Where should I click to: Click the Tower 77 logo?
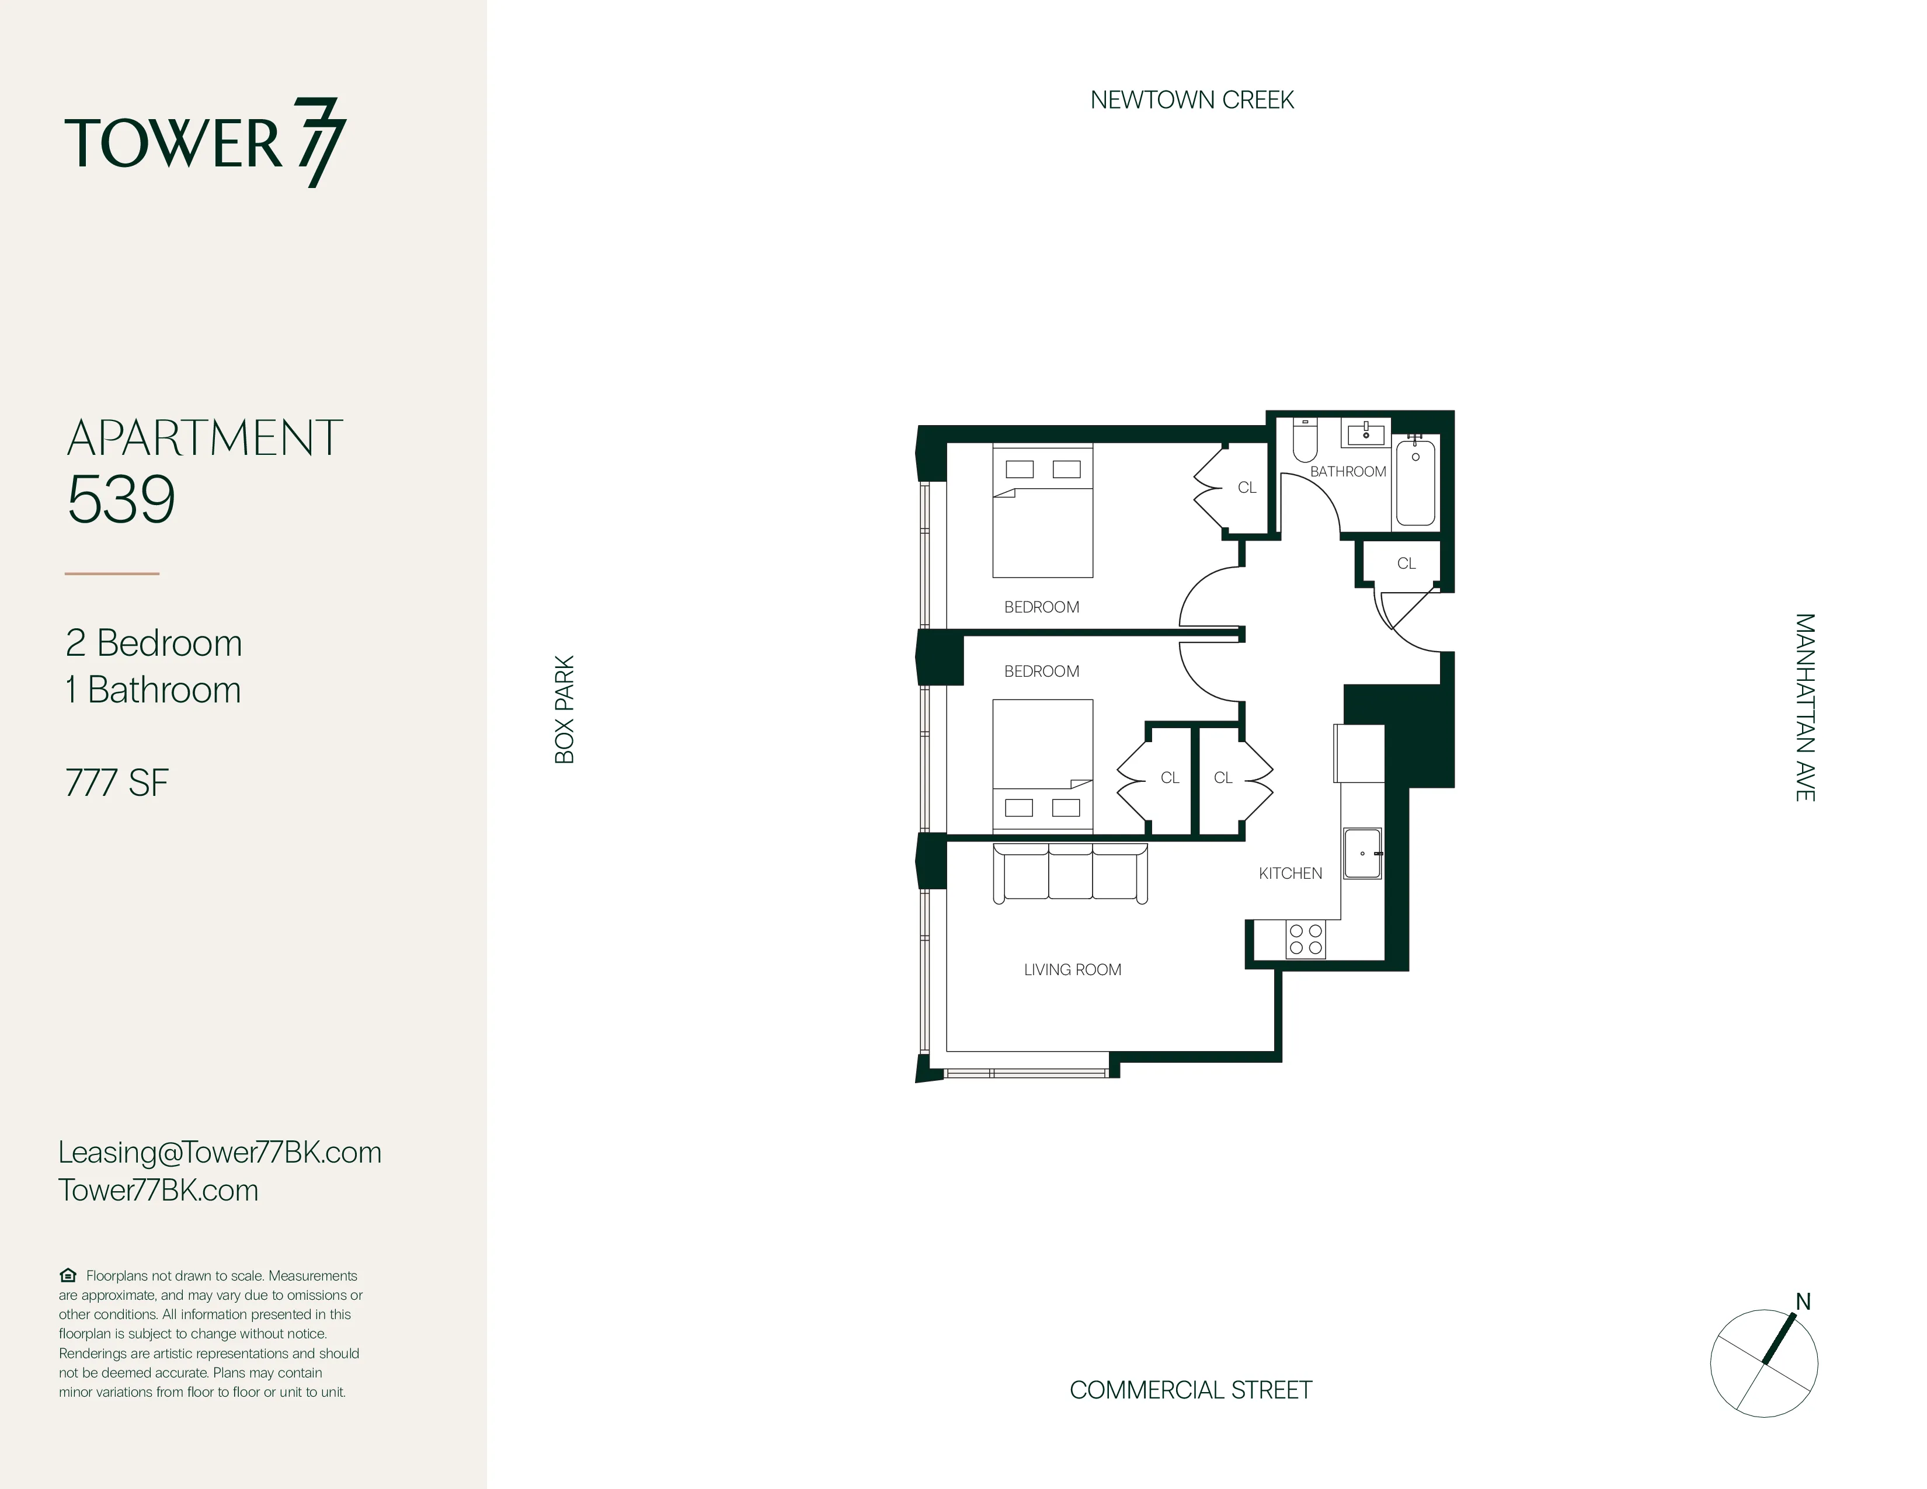(x=205, y=143)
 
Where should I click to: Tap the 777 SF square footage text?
(x=116, y=783)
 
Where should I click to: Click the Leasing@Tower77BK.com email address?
(x=220, y=1152)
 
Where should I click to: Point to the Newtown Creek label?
(x=1191, y=100)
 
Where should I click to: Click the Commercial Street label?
(x=1190, y=1390)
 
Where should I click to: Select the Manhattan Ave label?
(x=1804, y=708)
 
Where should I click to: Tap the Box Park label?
(x=565, y=709)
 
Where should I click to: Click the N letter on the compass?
(x=1803, y=1302)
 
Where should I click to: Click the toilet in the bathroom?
(x=1305, y=440)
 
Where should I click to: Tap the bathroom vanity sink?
(x=1366, y=433)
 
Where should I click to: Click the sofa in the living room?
(x=1070, y=874)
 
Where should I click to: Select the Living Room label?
(x=1072, y=969)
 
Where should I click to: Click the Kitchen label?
(x=1290, y=874)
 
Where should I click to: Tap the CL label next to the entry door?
(x=1407, y=563)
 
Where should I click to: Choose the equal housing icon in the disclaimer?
(x=68, y=1275)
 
